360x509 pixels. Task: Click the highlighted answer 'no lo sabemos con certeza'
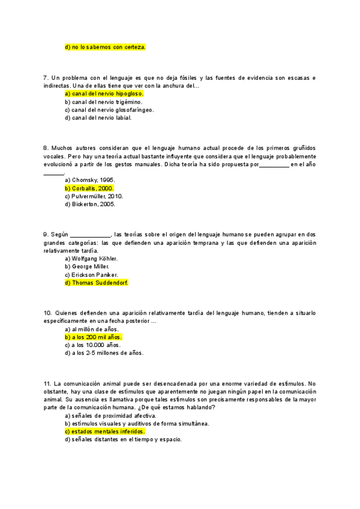click(105, 46)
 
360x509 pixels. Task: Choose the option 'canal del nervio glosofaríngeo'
click(109, 110)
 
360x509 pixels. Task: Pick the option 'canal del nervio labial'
click(98, 118)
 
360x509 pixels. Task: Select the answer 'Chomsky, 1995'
click(89, 180)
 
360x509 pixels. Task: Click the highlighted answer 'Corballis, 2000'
click(89, 188)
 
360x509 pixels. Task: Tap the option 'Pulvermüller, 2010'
click(94, 196)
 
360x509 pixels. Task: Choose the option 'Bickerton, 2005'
click(89, 204)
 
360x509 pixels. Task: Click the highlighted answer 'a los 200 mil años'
click(93, 337)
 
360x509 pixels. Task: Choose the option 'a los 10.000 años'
click(92, 345)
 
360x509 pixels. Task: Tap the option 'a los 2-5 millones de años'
click(104, 353)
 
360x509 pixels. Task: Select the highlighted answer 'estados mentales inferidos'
click(104, 431)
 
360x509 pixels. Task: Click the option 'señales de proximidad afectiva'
click(110, 415)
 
